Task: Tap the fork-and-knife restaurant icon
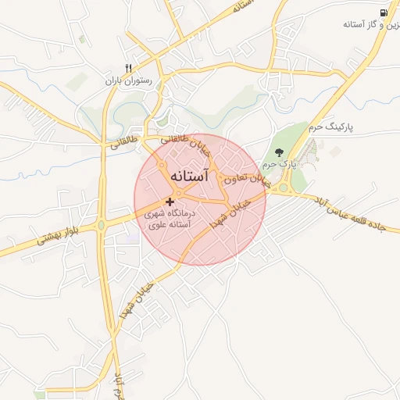(x=129, y=68)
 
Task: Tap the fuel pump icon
(x=384, y=12)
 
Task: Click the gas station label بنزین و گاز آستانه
(x=372, y=26)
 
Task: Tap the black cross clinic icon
(x=170, y=202)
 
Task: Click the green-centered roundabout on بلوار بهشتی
(x=101, y=227)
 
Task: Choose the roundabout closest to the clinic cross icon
(x=179, y=193)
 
